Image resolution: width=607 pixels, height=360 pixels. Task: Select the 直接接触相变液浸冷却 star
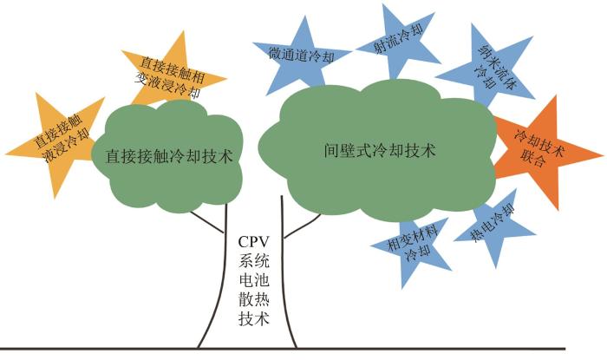(x=173, y=74)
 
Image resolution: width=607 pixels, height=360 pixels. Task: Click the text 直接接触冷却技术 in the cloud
(x=169, y=156)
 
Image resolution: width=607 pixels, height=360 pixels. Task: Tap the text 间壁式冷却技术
(x=380, y=150)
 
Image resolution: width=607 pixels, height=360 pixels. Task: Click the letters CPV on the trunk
(x=253, y=242)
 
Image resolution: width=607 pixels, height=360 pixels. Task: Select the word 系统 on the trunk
(x=253, y=261)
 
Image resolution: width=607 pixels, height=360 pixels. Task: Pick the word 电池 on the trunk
(x=253, y=280)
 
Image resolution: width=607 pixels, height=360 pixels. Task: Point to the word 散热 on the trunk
(x=253, y=299)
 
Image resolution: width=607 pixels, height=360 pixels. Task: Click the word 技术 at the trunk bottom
(x=253, y=318)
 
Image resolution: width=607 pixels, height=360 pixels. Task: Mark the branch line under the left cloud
(x=207, y=222)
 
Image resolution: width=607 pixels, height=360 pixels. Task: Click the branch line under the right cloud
(x=303, y=226)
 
